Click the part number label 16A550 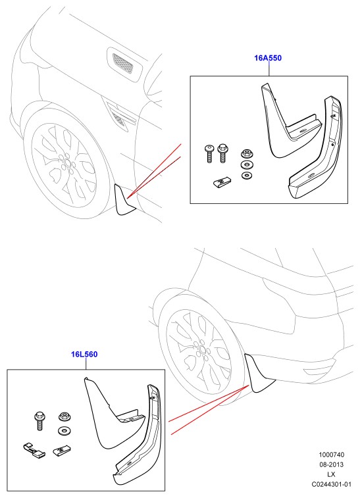coord(268,58)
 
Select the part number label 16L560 coord(84,354)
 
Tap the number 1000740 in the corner coord(332,455)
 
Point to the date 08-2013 coord(332,464)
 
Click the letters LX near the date coord(332,474)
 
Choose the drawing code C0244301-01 coord(332,484)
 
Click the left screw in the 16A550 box coord(209,154)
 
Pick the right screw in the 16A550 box coord(222,154)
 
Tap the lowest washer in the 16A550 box coord(245,175)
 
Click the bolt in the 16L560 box coord(39,421)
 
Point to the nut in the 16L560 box coord(64,416)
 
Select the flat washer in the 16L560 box coord(64,431)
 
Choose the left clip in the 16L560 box coord(34,451)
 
